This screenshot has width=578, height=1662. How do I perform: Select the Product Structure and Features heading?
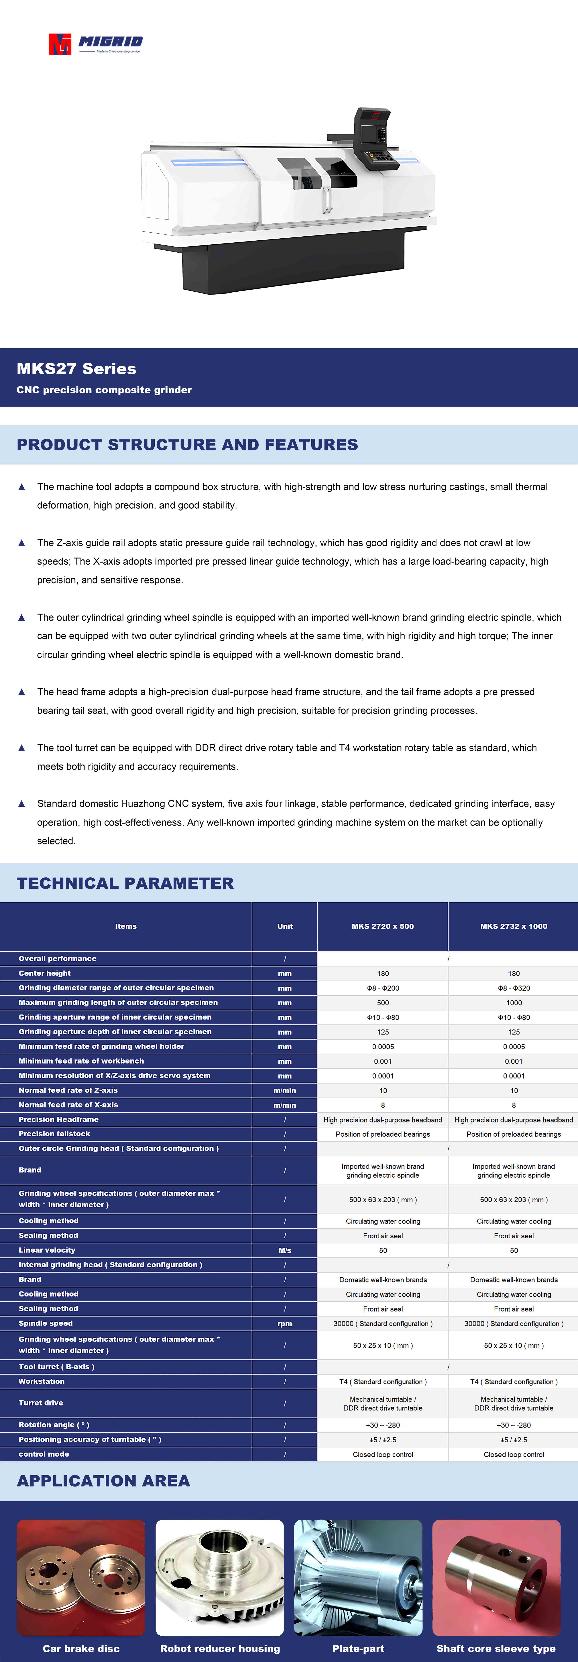tap(187, 445)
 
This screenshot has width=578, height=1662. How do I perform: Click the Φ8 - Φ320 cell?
tap(514, 988)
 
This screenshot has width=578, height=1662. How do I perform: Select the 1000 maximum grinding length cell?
tap(514, 1003)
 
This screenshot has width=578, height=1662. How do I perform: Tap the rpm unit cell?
tap(284, 1323)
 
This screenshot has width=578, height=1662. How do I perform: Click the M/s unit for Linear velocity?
tap(284, 1250)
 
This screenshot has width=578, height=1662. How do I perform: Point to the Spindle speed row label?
tap(46, 1323)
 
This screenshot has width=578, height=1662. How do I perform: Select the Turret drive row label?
tap(41, 1403)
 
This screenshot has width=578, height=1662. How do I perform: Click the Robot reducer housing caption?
tap(220, 1649)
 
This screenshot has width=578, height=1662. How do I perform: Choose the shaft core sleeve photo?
tap(496, 1577)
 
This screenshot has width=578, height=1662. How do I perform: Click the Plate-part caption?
tap(358, 1649)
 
